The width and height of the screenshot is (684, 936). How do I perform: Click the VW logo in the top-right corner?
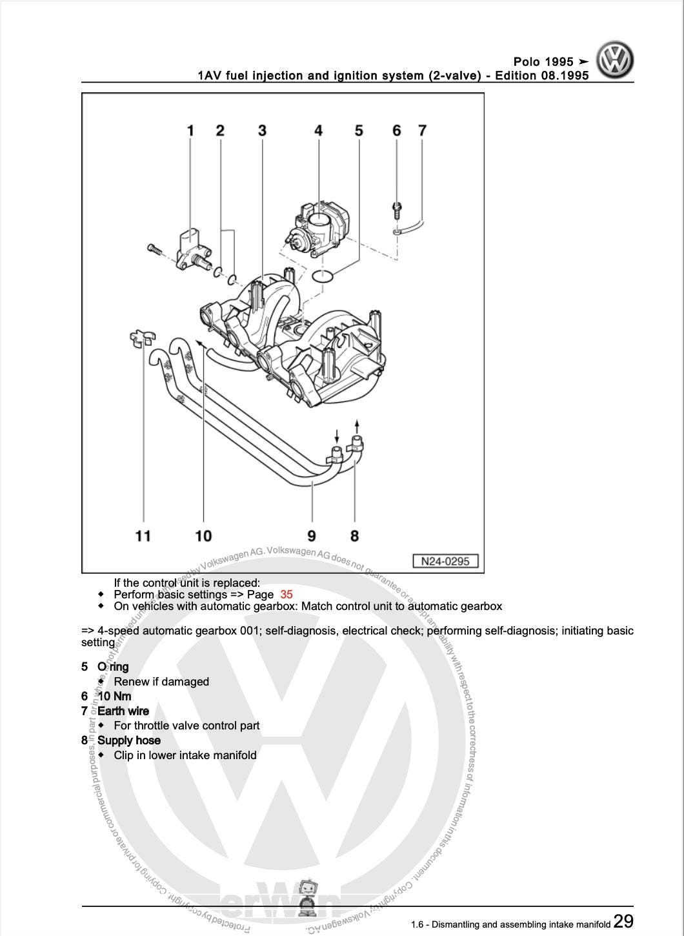click(x=614, y=61)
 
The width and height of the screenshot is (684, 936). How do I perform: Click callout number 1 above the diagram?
click(x=190, y=131)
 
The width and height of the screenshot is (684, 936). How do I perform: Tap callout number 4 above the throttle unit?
click(x=318, y=131)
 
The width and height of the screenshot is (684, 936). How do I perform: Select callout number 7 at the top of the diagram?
click(x=422, y=131)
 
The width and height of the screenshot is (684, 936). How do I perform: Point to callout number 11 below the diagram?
click(x=143, y=535)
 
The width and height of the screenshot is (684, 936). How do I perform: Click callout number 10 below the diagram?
click(x=203, y=535)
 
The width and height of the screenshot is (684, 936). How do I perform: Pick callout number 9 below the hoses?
click(x=312, y=535)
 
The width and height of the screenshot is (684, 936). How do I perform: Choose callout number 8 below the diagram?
click(x=354, y=535)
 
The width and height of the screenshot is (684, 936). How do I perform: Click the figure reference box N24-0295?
click(x=445, y=561)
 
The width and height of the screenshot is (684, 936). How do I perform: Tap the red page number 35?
click(x=287, y=595)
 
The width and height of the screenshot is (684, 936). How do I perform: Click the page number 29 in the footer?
click(x=623, y=921)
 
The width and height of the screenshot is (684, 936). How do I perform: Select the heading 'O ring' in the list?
click(x=113, y=667)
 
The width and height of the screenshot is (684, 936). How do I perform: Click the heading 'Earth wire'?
click(x=123, y=711)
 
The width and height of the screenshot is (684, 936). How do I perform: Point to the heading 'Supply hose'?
click(x=129, y=740)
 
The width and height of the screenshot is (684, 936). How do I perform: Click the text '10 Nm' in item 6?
click(x=114, y=696)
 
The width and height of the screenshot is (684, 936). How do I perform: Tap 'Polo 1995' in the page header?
click(x=543, y=62)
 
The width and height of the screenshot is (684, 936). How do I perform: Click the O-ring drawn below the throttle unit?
click(x=323, y=276)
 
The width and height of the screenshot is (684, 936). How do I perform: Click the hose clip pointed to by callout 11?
click(x=141, y=338)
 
